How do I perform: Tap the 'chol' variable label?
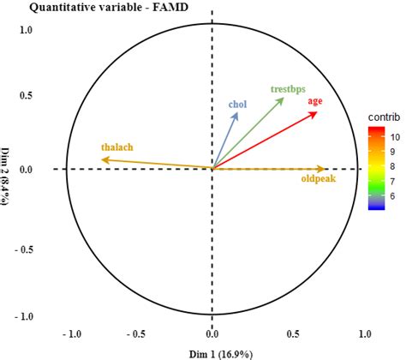click(x=237, y=105)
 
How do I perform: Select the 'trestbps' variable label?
click(x=288, y=88)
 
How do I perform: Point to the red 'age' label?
click(x=315, y=101)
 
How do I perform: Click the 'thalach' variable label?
click(x=117, y=147)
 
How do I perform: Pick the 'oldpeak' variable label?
click(x=318, y=179)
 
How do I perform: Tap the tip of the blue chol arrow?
click(x=237, y=113)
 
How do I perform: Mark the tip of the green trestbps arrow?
click(x=284, y=98)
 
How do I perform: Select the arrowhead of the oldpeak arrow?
click(x=326, y=169)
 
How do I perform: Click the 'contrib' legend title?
click(x=382, y=116)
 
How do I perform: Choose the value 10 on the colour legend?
click(x=396, y=135)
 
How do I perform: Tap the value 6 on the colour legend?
click(x=395, y=196)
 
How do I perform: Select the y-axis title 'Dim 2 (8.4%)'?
click(x=8, y=168)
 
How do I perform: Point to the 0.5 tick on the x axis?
click(x=293, y=333)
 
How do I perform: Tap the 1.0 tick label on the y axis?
click(x=26, y=30)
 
